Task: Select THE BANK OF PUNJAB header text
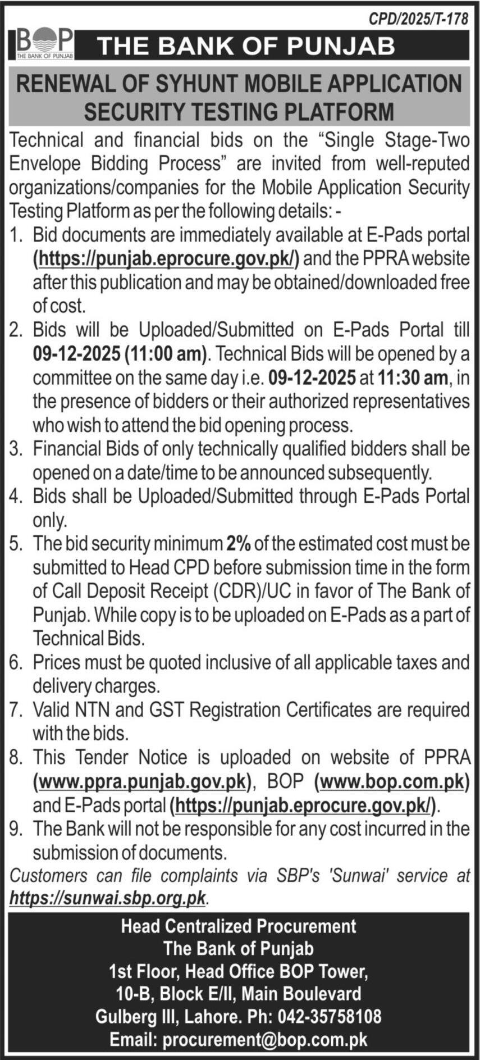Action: click(x=246, y=46)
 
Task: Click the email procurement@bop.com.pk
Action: click(x=265, y=1039)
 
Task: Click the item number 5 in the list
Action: click(x=15, y=544)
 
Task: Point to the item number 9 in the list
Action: click(x=15, y=829)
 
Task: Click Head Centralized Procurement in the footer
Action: click(x=239, y=926)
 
